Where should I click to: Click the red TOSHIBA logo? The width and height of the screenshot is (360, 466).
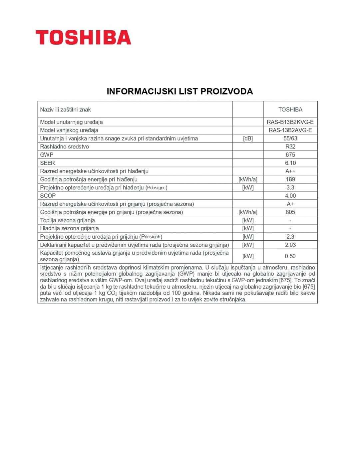(83, 37)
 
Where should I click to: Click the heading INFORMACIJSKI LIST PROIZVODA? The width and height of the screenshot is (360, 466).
(180, 91)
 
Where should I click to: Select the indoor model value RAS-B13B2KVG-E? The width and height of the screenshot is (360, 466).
(290, 122)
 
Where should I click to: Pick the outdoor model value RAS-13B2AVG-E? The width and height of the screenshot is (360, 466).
(290, 130)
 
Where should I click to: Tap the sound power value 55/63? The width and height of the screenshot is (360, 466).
(290, 138)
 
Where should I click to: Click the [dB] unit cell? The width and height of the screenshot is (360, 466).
(248, 138)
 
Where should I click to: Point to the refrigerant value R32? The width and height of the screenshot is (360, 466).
(290, 146)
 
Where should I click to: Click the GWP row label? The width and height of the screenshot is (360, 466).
(47, 155)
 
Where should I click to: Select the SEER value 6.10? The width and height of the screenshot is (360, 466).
(290, 163)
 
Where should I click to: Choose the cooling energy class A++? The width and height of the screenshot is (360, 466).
(290, 171)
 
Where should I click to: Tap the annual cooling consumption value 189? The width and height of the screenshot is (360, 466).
(290, 179)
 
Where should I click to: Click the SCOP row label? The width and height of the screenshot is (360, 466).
(48, 196)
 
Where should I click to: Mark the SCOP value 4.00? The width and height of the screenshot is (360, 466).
(290, 196)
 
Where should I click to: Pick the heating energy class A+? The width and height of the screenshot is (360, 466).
(290, 204)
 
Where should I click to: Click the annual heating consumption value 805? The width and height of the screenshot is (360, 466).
(290, 212)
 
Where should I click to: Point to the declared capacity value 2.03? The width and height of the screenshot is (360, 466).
(290, 245)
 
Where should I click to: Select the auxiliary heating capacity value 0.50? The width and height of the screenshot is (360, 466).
(290, 256)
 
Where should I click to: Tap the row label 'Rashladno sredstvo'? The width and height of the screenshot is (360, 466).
(64, 146)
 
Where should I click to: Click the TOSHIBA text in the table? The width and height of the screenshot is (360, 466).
(290, 110)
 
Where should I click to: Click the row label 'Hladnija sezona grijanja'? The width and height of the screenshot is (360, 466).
(69, 228)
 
